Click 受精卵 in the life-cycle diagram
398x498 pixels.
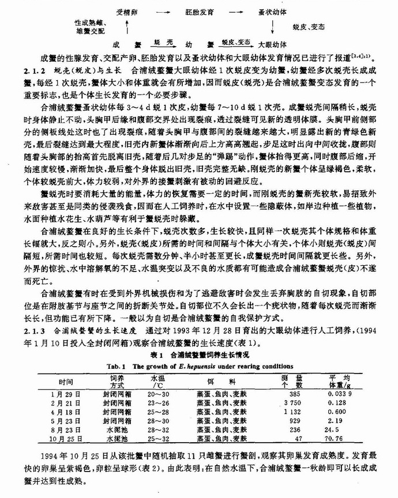[126, 11]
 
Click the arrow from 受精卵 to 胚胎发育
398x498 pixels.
[163, 11]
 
